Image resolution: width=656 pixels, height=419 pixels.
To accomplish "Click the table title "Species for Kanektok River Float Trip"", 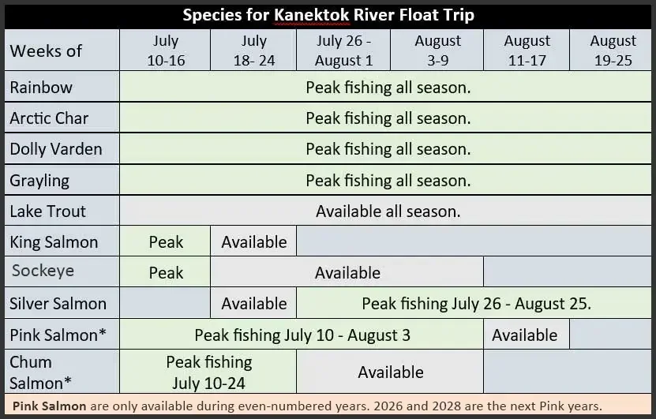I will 328,15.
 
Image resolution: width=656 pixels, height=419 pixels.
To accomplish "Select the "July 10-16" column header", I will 165,50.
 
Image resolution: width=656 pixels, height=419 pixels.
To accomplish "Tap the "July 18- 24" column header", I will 253,50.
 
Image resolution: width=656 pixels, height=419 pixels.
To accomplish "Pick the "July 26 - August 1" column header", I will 343,50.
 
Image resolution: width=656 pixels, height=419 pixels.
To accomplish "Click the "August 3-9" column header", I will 437,50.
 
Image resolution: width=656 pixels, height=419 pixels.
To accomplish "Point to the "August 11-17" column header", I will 527,50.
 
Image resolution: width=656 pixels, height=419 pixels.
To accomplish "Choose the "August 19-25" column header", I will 613,50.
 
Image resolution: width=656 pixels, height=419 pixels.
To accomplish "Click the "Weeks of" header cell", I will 46,51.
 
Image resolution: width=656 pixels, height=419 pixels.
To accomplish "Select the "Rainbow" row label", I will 41,88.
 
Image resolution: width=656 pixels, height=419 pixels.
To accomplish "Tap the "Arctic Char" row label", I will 49,118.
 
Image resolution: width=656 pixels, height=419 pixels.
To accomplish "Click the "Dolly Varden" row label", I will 55,149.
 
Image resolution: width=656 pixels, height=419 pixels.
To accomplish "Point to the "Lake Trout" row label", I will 48,211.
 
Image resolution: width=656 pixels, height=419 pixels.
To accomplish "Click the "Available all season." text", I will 388,211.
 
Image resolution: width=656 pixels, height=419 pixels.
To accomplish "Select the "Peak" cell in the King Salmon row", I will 166,241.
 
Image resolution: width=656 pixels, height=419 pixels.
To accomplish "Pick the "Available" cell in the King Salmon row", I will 254,241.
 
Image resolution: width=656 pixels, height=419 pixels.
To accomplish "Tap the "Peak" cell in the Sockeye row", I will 166,273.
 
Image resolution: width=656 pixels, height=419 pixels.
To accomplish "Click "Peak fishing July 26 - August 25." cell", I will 476,304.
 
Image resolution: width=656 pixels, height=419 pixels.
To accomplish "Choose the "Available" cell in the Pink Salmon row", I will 524,335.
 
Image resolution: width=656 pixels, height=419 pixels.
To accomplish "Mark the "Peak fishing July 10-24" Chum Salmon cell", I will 208,372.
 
